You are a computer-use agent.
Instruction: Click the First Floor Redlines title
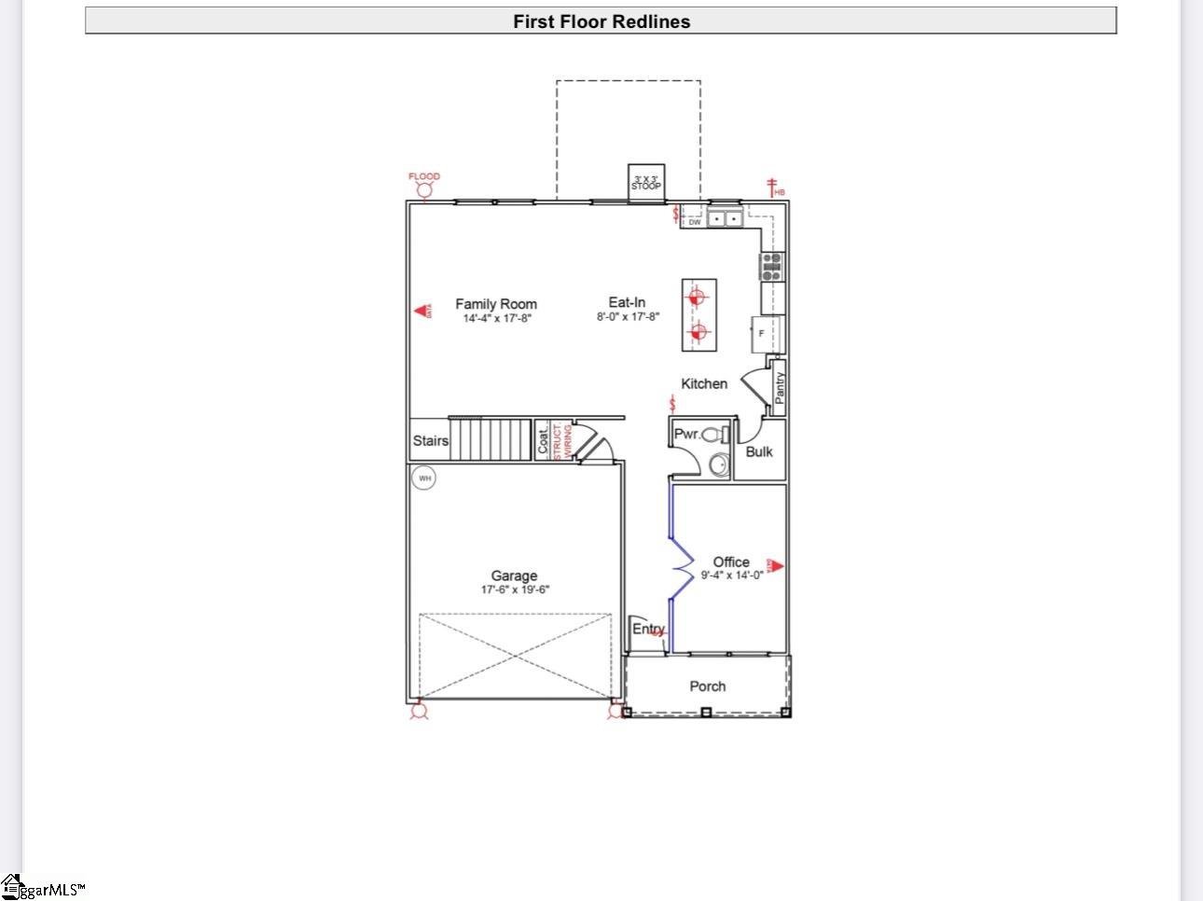click(601, 21)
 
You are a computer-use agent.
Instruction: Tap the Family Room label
click(496, 304)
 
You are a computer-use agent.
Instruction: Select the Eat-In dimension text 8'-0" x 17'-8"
click(628, 317)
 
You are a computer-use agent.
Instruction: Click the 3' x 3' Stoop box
click(645, 183)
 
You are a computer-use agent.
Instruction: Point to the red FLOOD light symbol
click(424, 191)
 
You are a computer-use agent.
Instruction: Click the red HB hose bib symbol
click(773, 188)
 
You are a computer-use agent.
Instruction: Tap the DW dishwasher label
click(694, 223)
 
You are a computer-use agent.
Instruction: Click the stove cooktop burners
click(772, 267)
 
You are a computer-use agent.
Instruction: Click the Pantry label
click(780, 387)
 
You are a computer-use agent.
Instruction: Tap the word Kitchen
click(704, 384)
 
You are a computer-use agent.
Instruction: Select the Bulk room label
click(759, 452)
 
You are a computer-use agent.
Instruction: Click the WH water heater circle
click(424, 478)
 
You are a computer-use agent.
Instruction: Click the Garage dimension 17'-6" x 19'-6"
click(515, 589)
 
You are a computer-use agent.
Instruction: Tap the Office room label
click(731, 561)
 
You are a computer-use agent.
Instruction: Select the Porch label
click(707, 686)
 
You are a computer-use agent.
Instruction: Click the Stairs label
click(430, 441)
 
